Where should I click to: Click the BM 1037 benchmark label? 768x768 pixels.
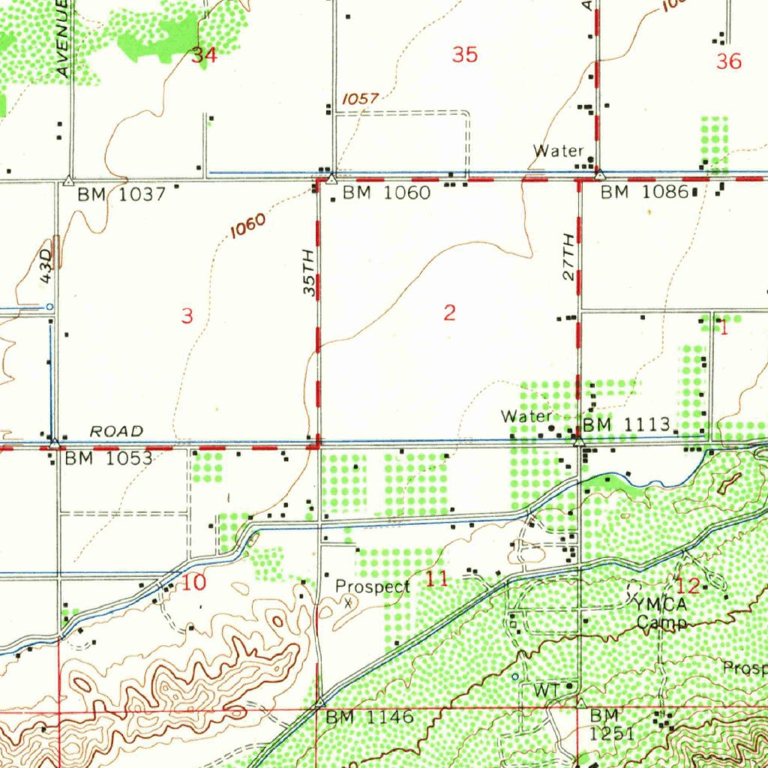point(121,194)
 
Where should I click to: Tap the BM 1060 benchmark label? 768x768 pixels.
point(386,193)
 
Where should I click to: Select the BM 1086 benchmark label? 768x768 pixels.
point(644,192)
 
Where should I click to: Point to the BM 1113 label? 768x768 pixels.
point(626,425)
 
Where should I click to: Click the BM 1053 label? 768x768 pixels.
point(108,457)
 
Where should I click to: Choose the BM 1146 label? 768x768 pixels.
point(369,717)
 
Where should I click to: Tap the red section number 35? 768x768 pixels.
point(465,55)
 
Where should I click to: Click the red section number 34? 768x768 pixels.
point(204,55)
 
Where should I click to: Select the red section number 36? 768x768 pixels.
point(728,61)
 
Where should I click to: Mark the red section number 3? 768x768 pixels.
point(187,316)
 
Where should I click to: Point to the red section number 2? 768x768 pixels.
point(448,313)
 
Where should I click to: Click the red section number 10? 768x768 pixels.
point(193,583)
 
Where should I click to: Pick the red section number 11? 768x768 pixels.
point(437,579)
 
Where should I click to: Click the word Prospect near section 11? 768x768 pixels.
point(372,586)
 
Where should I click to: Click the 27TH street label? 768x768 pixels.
point(569,257)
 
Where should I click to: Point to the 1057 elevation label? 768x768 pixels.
point(361,98)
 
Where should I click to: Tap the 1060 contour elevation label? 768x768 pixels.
point(247,225)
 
